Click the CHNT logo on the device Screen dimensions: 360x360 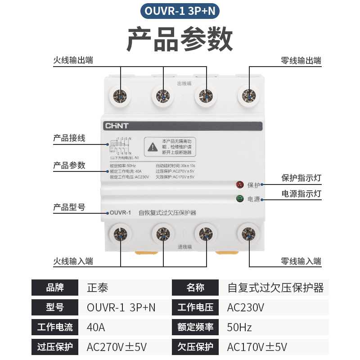coord(116,126)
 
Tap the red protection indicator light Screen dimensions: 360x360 coord(239,184)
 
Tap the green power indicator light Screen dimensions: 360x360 coord(239,198)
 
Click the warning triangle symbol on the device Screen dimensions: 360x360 coord(153,146)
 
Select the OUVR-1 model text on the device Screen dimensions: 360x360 coord(120,213)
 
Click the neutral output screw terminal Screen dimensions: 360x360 coord(247,95)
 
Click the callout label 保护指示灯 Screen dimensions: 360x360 coord(301,178)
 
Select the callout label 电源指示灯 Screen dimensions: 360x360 coord(301,194)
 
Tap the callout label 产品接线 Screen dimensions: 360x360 coord(69,138)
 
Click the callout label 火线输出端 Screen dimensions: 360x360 coord(73,60)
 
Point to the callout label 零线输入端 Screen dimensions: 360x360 coord(301,261)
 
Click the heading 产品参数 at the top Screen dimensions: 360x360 coord(180,40)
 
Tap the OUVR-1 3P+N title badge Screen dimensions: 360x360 coord(180,11)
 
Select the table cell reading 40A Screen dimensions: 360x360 coord(96,327)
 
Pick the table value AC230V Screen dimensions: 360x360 coord(246,308)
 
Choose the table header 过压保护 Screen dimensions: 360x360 coord(55,347)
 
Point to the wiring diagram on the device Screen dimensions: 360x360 coord(119,147)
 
